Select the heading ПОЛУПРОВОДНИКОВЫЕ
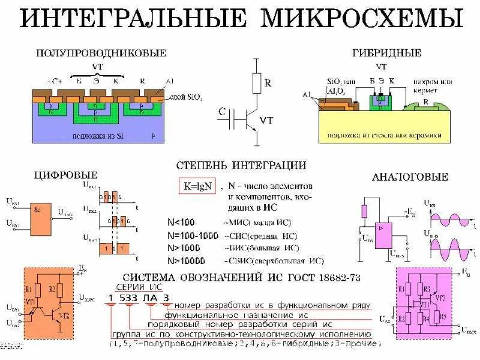(101, 53)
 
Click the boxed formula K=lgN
(197, 187)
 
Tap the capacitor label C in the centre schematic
(222, 112)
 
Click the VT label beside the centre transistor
(267, 121)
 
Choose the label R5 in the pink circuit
(443, 316)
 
